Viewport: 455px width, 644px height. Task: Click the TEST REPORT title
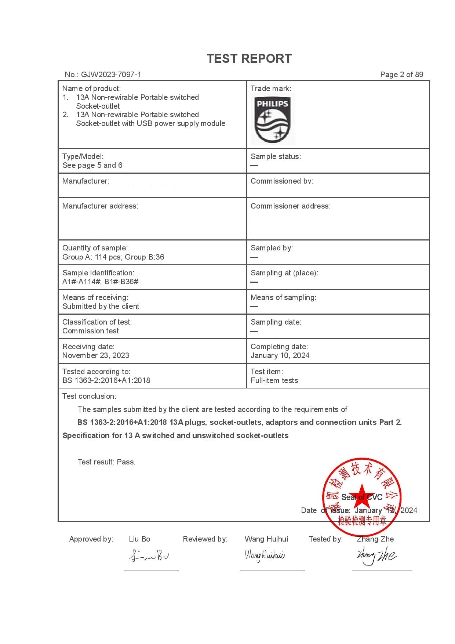pos(249,59)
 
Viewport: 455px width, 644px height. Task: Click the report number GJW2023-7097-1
pos(111,75)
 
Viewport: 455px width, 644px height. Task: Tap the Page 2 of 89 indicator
pos(401,75)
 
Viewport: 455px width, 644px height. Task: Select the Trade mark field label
pos(271,88)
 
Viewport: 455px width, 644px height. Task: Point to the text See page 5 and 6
pos(92,165)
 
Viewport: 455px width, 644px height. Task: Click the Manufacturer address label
pos(100,206)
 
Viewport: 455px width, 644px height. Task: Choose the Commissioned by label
pos(281,181)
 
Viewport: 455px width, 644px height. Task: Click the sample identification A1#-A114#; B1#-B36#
pos(100,282)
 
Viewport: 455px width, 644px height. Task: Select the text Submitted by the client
pos(101,306)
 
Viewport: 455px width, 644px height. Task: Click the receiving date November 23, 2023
pos(96,355)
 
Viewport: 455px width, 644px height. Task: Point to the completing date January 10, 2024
pos(280,355)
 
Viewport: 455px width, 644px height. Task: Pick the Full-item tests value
pos(274,380)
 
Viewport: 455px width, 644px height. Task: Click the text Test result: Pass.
pos(106,462)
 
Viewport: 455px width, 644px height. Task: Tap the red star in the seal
pos(361,494)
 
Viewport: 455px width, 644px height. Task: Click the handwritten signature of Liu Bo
pos(149,556)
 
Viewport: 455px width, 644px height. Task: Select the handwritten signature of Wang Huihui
pos(264,555)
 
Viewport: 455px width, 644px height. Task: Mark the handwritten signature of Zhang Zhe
pos(376,555)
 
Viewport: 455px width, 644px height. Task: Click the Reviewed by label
pos(205,539)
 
